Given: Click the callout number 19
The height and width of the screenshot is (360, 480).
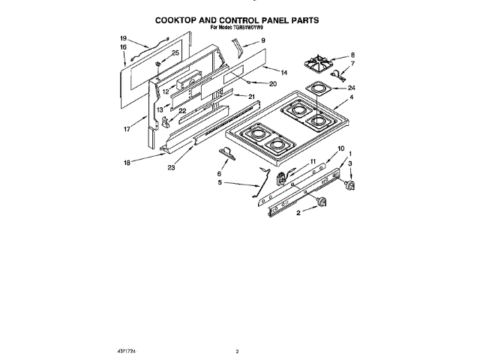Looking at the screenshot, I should click(123, 37).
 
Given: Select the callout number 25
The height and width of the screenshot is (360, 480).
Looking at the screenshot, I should click(175, 52).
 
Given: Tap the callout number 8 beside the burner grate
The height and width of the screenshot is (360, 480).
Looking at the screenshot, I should click(352, 55).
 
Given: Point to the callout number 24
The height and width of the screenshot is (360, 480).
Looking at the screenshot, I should click(352, 88).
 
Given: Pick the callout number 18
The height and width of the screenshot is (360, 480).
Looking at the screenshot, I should click(127, 161).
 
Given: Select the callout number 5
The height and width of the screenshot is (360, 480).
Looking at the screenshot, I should click(220, 182).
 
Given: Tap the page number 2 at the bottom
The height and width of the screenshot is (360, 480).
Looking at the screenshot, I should click(236, 351).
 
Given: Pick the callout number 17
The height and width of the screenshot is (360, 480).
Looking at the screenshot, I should click(127, 128).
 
